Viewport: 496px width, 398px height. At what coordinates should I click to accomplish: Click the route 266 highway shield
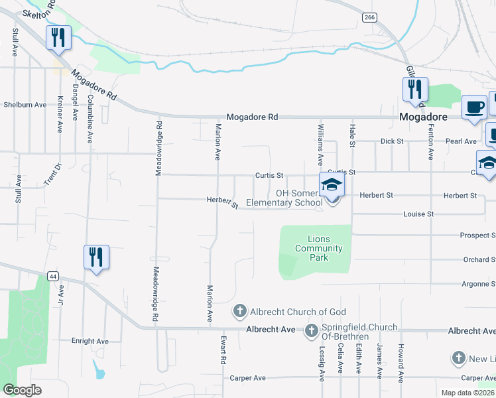[x=369, y=17]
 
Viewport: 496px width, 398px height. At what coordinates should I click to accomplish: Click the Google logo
[x=22, y=390]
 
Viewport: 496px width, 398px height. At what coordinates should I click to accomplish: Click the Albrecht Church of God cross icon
[x=239, y=311]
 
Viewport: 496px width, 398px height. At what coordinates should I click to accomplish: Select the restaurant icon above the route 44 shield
[x=96, y=256]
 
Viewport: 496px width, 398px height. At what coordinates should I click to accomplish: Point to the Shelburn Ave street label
[x=25, y=105]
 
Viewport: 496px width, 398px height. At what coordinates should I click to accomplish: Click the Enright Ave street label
[x=90, y=341]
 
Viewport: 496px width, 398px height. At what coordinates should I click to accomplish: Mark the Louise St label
[x=418, y=214]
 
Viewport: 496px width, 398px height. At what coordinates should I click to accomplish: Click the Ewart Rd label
[x=223, y=351]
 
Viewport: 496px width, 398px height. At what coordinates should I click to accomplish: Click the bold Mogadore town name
[x=424, y=116]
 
